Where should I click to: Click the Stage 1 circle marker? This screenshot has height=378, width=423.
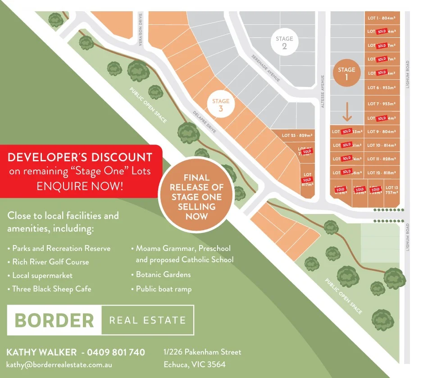(346, 73)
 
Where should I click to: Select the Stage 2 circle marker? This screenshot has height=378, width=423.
(284, 43)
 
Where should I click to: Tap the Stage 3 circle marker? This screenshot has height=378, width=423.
(221, 105)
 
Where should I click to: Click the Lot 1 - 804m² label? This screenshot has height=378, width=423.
(381, 18)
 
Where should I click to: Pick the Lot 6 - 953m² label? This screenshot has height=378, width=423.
(381, 88)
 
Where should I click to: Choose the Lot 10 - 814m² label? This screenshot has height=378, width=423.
(381, 146)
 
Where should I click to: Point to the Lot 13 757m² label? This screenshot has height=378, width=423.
(392, 189)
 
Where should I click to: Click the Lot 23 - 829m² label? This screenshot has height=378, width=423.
(297, 135)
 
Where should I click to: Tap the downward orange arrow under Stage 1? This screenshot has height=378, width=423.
(346, 113)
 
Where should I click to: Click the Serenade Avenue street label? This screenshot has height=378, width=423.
(265, 68)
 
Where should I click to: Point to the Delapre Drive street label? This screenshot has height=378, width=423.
(205, 122)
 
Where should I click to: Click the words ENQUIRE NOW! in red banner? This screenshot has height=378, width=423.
(80, 185)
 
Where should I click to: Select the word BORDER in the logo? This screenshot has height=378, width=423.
(54, 320)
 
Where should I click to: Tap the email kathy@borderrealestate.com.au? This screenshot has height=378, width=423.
(59, 364)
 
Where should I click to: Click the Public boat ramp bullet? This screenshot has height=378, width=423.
(164, 289)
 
